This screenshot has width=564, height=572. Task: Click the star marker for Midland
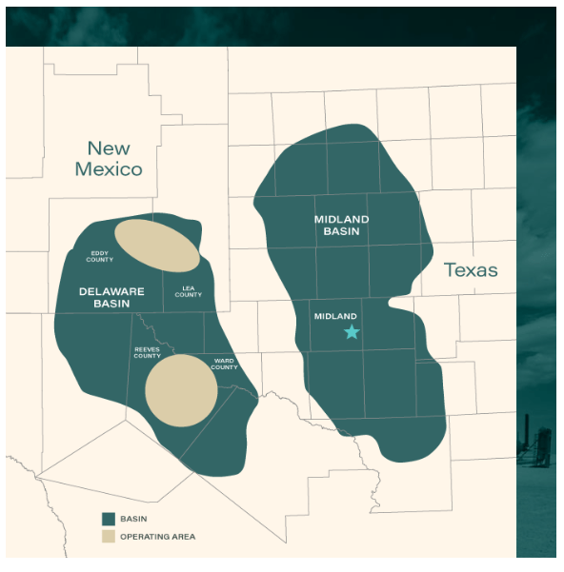352,331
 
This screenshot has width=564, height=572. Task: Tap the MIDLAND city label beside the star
335,316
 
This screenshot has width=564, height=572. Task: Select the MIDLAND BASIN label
341,226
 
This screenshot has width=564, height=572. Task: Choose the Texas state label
471,270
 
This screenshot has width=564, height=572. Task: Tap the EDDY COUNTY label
100,256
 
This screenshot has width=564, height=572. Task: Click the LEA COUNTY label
189,291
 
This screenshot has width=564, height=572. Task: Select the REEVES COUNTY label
147,352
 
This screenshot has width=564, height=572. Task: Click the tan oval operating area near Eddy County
157,245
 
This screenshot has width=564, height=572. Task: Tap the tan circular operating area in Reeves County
181,390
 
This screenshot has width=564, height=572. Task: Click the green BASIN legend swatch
109,519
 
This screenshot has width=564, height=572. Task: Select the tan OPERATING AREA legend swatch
109,537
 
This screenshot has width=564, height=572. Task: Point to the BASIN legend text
134,519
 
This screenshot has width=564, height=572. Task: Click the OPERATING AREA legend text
158,537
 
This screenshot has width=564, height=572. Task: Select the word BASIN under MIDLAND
341,231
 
